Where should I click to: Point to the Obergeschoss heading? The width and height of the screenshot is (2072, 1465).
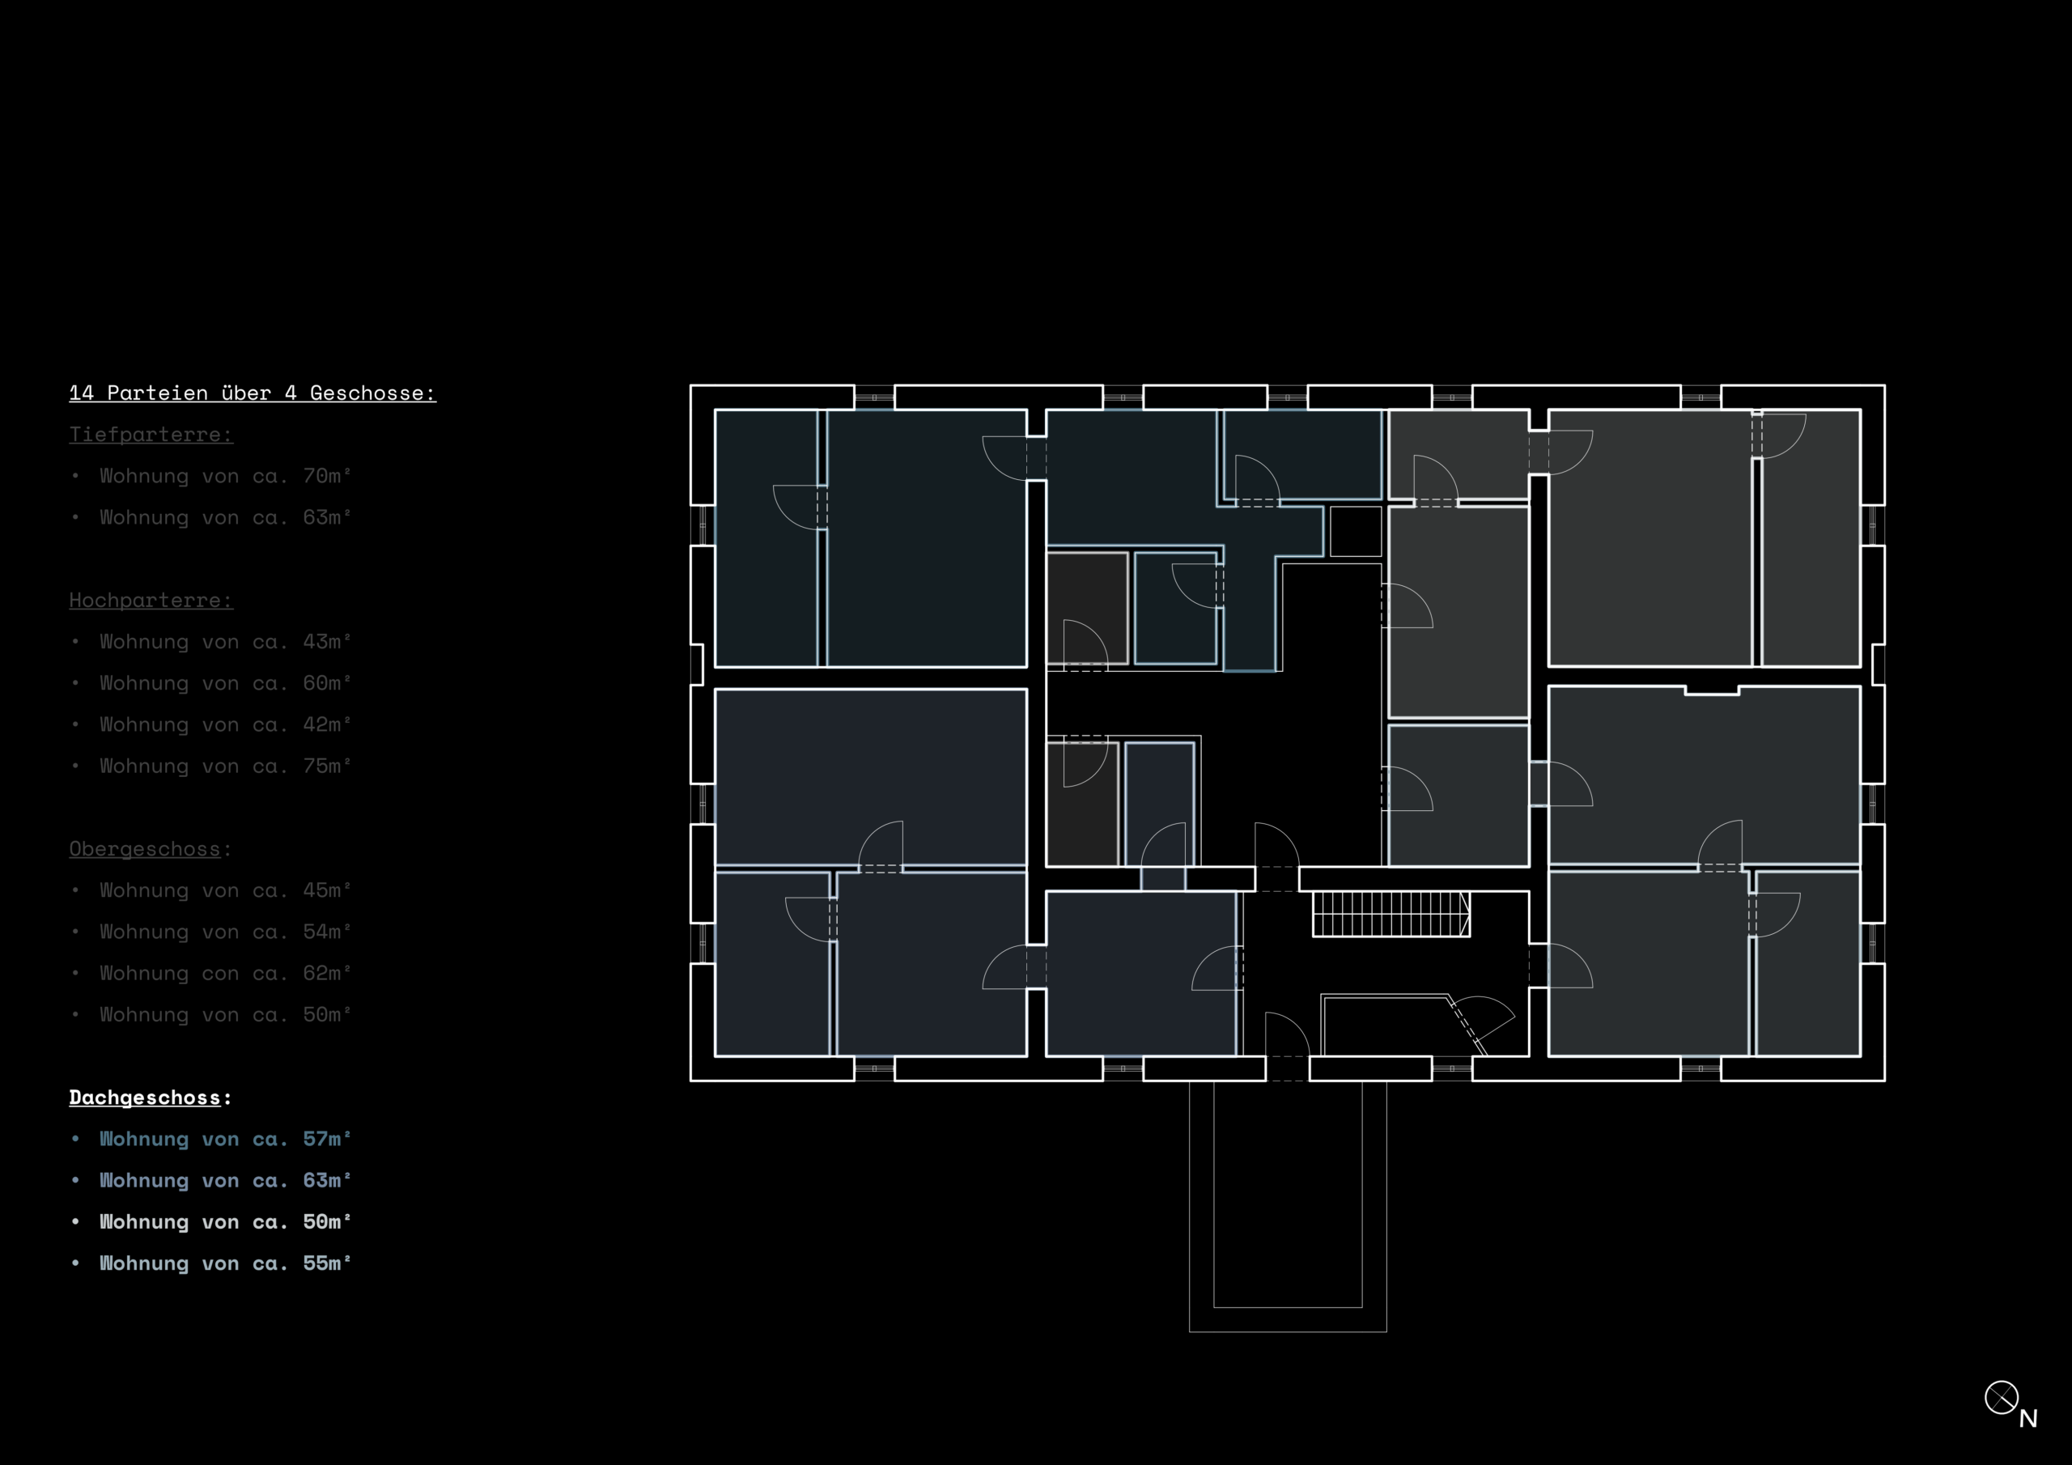(x=144, y=848)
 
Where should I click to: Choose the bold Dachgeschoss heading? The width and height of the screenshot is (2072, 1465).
(x=144, y=1098)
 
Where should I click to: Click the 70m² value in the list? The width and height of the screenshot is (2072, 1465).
(x=327, y=476)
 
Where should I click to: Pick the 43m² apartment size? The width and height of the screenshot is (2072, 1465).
(x=327, y=641)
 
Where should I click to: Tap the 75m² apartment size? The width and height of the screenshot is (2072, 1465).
(x=327, y=766)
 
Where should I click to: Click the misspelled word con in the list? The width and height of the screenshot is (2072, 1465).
(x=220, y=974)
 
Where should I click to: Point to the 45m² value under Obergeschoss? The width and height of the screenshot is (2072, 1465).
(x=327, y=890)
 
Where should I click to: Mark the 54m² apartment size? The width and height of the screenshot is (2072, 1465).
(x=327, y=932)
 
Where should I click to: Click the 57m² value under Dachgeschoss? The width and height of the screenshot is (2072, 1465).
(x=327, y=1139)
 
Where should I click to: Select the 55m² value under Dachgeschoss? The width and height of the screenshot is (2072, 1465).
(x=327, y=1263)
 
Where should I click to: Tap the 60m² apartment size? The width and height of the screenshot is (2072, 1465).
(x=327, y=682)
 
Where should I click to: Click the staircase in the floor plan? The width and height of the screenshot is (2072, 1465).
(x=1391, y=914)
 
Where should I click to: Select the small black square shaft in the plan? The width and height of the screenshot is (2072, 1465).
(x=1356, y=531)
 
